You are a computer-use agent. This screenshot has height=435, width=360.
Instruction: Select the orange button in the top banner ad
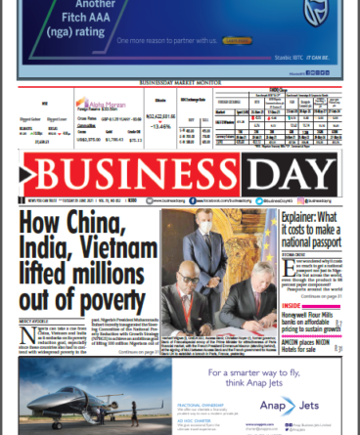(x=237, y=41)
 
